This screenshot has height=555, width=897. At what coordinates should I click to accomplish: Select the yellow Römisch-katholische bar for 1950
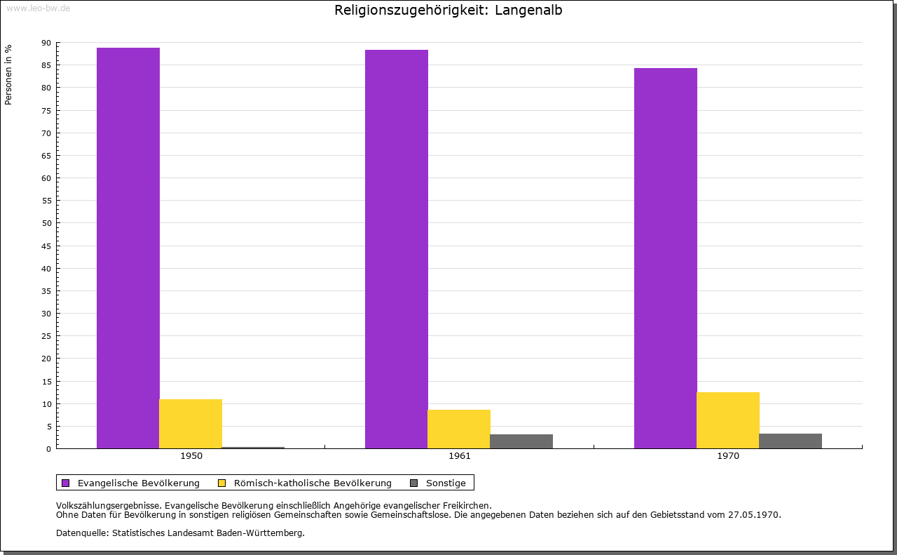[x=191, y=424]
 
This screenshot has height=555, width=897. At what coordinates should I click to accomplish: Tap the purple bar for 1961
[x=397, y=249]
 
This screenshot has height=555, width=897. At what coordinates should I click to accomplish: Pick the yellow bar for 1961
[x=459, y=429]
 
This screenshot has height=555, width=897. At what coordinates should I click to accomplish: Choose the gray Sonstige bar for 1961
[x=521, y=441]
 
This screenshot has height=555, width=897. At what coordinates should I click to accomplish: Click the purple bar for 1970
[x=666, y=258]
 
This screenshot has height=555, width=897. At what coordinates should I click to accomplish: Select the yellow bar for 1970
[x=728, y=420]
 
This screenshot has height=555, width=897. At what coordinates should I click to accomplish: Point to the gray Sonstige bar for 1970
[x=790, y=441]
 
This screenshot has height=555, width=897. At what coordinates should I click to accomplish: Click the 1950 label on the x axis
[x=191, y=456]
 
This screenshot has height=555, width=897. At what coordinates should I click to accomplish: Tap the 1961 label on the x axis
[x=460, y=456]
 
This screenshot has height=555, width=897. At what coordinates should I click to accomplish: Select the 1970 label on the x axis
[x=728, y=456]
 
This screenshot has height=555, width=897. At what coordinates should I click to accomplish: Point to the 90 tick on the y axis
[x=46, y=43]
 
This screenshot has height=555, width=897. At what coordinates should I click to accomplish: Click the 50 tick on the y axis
[x=46, y=223]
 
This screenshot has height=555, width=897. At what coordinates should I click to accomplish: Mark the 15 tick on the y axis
[x=46, y=381]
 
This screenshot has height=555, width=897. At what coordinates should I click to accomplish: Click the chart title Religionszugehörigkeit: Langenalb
[x=448, y=10]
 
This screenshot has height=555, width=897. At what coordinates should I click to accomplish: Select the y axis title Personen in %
[x=8, y=74]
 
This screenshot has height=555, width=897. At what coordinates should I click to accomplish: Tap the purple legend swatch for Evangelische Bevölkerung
[x=66, y=483]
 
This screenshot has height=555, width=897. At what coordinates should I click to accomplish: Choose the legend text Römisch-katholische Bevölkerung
[x=313, y=483]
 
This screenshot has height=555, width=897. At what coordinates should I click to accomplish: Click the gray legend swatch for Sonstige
[x=413, y=483]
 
